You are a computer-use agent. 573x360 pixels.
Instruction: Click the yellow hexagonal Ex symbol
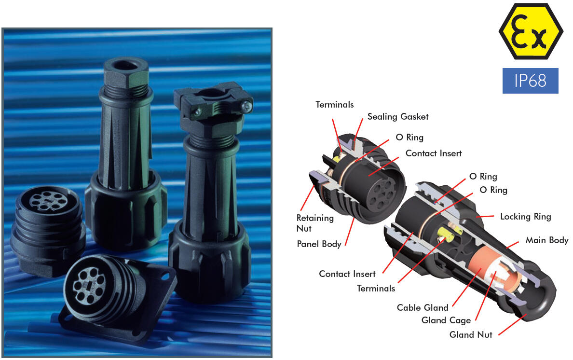(x=531, y=31)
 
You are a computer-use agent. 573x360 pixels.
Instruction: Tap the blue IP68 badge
(x=530, y=81)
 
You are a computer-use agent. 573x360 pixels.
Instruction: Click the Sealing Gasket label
(x=397, y=117)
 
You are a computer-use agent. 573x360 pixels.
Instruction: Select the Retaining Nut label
(x=314, y=223)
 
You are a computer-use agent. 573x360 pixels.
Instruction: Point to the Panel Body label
(x=319, y=244)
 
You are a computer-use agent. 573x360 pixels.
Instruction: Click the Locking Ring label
(x=526, y=216)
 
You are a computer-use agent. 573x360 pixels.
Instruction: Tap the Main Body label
(x=546, y=240)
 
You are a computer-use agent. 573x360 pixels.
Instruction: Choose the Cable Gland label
(x=423, y=307)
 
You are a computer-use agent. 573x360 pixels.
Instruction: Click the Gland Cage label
(x=446, y=320)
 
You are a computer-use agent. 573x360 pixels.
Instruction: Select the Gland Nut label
(x=471, y=334)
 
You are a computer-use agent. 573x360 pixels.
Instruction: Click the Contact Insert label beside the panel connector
(x=434, y=153)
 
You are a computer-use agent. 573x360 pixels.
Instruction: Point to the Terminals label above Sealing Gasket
(x=334, y=105)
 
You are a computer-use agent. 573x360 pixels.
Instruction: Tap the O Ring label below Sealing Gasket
(x=409, y=138)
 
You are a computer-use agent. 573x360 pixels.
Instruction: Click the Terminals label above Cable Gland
(x=376, y=289)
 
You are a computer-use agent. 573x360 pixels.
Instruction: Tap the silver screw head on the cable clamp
(x=246, y=106)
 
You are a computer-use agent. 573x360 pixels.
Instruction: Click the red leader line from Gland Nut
(x=512, y=324)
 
